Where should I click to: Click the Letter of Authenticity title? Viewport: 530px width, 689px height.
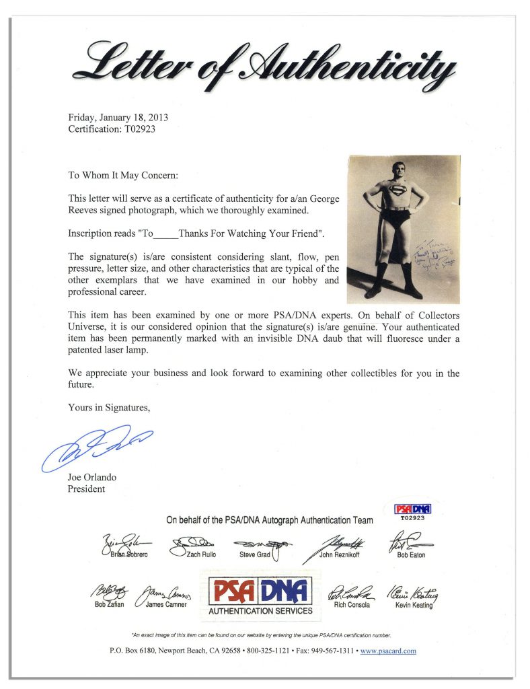click(x=265, y=67)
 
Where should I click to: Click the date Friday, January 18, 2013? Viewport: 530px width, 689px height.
click(x=118, y=117)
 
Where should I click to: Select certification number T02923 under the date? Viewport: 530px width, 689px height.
click(x=112, y=129)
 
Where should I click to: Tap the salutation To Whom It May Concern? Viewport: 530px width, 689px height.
click(x=123, y=176)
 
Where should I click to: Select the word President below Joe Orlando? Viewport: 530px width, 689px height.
click(x=86, y=489)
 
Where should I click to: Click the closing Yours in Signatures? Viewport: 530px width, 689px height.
click(x=109, y=407)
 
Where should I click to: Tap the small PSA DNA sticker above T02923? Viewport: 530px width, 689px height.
click(x=412, y=509)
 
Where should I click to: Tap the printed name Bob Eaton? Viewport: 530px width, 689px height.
click(x=412, y=555)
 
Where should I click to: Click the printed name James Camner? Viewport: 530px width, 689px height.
click(x=166, y=605)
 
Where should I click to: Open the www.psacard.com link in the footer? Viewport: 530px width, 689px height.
click(x=388, y=651)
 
